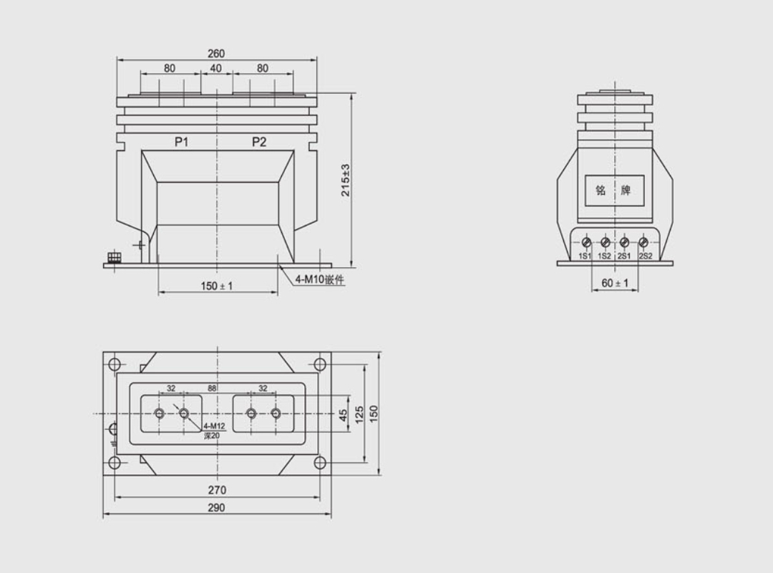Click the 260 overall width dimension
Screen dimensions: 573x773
(x=216, y=54)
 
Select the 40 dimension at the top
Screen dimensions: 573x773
(x=216, y=69)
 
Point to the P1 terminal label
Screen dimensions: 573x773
(x=182, y=143)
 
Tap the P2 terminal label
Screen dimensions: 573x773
(x=259, y=143)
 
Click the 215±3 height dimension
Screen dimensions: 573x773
(x=345, y=180)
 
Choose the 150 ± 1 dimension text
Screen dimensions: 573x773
(x=217, y=286)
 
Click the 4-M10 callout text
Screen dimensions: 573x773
(x=320, y=280)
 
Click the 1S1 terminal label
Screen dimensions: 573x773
(x=585, y=256)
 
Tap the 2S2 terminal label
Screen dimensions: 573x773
(x=646, y=256)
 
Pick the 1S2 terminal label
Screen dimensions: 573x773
(x=605, y=256)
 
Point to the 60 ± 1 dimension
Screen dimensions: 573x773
(x=615, y=284)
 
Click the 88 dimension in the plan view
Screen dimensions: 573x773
(x=213, y=388)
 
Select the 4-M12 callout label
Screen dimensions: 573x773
(x=214, y=426)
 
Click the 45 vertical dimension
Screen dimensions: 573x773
(x=343, y=414)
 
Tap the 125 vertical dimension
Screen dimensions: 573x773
(x=359, y=414)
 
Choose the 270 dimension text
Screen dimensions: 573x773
(x=217, y=491)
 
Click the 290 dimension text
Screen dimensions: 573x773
(x=216, y=508)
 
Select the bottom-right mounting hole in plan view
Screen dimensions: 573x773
(x=319, y=463)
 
